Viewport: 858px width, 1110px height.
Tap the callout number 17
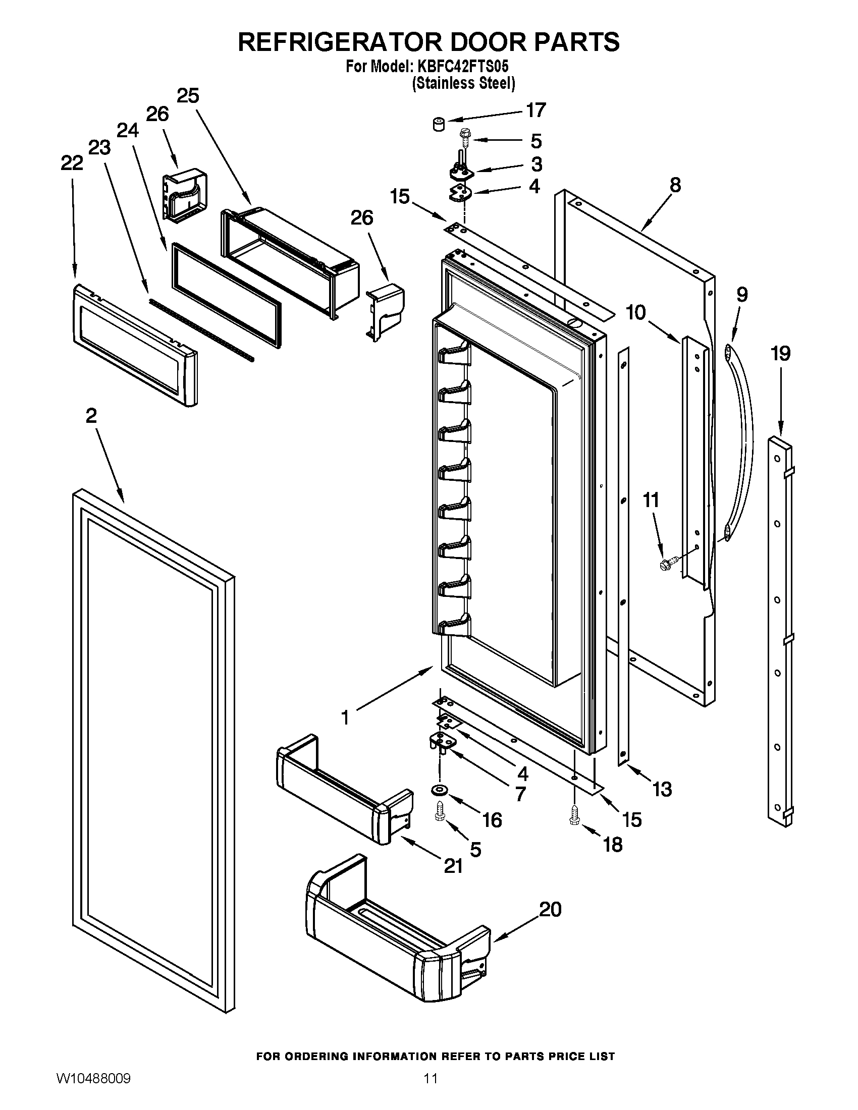coord(535,110)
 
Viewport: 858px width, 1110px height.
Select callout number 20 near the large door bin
coord(550,909)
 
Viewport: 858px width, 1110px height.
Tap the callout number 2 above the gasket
coord(91,416)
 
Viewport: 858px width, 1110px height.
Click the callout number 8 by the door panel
coord(674,185)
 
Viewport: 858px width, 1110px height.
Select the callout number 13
coord(662,789)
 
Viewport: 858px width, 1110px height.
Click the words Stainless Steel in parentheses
coord(463,83)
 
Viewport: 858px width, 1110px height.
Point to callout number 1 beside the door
coord(345,717)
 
